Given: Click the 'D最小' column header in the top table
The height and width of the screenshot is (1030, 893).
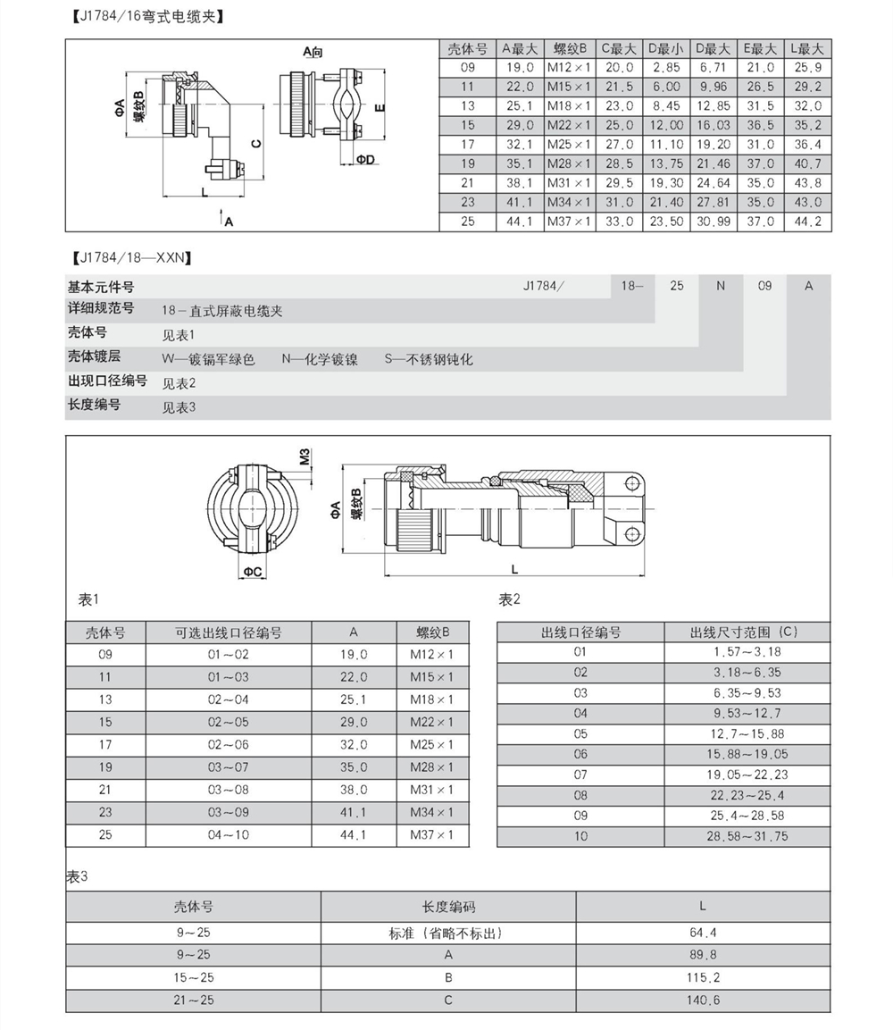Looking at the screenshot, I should tap(665, 48).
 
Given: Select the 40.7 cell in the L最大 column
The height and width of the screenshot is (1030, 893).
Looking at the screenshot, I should tap(807, 163).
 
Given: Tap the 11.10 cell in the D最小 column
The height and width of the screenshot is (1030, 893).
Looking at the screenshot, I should tap(665, 144).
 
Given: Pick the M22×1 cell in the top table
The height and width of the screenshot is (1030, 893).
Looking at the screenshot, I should tap(569, 125).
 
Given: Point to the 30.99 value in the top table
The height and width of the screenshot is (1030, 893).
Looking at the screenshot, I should tap(713, 222).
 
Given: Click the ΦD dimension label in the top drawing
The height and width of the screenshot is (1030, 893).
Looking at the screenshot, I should tap(365, 159).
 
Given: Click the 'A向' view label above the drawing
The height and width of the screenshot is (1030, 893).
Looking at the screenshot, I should tap(313, 52).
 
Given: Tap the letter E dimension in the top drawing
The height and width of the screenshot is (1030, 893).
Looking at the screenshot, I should tap(379, 108).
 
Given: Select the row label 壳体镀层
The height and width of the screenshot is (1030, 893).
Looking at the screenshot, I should tap(95, 356).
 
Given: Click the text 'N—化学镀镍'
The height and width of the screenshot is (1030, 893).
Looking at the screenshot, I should tap(320, 359).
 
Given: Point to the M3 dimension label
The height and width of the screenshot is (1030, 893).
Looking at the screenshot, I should tap(304, 457).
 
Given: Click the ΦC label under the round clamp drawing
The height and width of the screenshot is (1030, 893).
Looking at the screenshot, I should tap(252, 571).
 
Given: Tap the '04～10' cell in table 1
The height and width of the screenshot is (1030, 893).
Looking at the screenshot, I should tap(229, 835).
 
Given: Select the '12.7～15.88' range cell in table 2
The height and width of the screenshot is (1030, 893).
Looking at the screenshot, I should tap(747, 733).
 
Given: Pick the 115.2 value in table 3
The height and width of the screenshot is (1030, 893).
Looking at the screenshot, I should tap(703, 977).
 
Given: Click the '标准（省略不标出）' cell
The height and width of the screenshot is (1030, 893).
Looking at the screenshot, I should tap(447, 934).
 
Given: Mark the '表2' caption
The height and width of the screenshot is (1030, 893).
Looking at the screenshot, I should tap(509, 599).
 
